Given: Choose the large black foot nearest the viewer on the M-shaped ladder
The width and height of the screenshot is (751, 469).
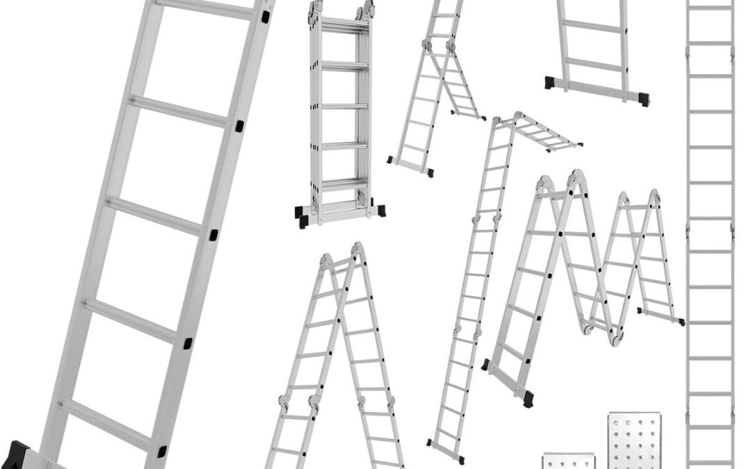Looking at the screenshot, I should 527,398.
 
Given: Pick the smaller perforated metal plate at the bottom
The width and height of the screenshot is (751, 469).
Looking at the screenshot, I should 565,461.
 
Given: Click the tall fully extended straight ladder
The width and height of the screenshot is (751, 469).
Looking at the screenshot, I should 709,229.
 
